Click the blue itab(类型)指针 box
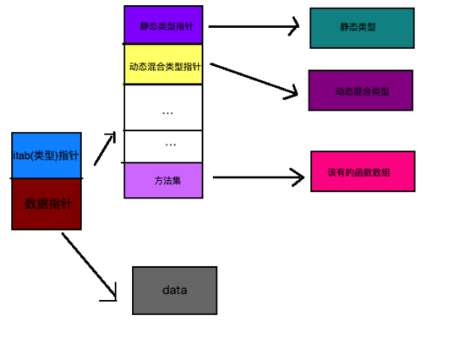(46, 155)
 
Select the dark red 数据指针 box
(46, 204)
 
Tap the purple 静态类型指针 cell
(163, 25)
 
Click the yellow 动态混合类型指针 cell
(163, 64)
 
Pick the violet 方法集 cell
(163, 180)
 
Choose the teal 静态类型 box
(362, 28)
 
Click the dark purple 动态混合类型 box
(360, 90)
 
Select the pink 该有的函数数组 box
(363, 172)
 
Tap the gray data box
(174, 291)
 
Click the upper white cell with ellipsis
(163, 108)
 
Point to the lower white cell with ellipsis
(163, 146)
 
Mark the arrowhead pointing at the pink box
(298, 177)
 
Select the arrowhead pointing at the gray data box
(112, 295)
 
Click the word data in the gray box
(174, 291)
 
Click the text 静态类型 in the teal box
(358, 28)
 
